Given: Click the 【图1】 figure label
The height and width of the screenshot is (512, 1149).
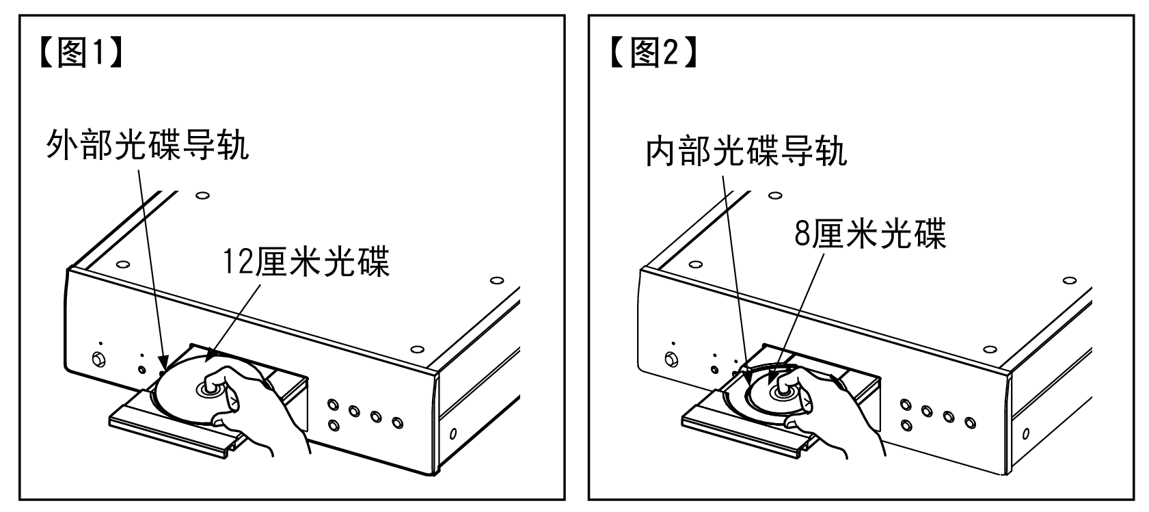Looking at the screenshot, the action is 81,53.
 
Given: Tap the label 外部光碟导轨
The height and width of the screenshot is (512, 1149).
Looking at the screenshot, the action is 148,145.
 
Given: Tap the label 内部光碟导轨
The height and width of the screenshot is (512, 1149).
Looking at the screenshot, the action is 746,151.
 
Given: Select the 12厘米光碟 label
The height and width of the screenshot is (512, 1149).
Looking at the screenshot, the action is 306,262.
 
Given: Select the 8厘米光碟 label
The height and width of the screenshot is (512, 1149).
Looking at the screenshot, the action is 871,234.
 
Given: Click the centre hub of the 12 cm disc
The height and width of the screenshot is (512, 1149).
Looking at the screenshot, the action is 208,389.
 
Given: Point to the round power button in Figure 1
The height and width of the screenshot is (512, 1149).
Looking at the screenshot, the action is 98,359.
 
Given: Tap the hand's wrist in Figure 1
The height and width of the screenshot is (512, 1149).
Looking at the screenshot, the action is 287,441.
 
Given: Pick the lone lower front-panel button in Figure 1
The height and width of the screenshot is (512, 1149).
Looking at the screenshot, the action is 334,425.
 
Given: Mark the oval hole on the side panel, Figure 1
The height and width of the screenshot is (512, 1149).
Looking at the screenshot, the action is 453,433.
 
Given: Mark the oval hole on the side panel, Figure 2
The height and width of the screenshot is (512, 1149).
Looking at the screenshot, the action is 1026,433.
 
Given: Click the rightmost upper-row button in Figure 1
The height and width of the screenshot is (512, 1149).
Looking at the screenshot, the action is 398,422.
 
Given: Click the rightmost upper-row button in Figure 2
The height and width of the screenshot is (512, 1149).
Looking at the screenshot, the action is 970,422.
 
